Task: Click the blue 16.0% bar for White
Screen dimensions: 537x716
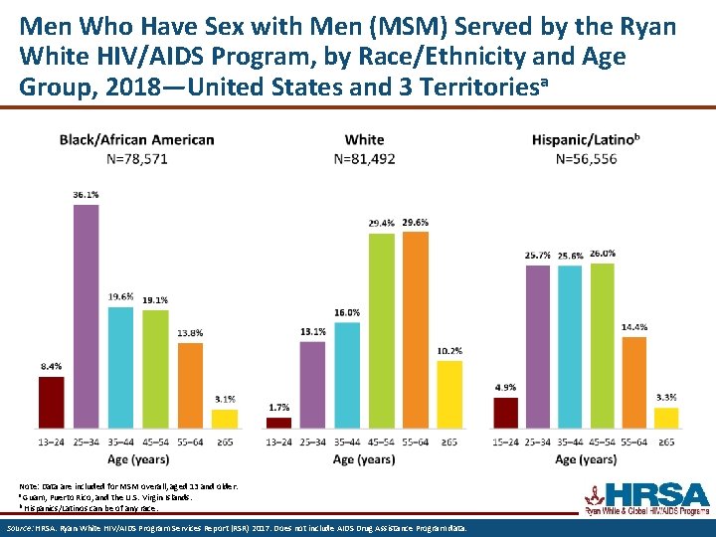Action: pos(347,375)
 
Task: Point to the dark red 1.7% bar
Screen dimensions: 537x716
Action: pos(279,423)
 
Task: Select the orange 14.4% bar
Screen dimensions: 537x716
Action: pos(634,383)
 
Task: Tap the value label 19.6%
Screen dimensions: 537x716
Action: pos(120,296)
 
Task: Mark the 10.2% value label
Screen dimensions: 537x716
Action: pos(448,350)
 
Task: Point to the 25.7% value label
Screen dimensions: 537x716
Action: pos(538,256)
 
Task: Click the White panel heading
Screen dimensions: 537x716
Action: pos(364,139)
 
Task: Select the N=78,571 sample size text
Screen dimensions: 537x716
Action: pos(136,158)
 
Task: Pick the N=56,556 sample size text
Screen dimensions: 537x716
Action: pos(586,158)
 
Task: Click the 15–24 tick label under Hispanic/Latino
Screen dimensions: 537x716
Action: pos(506,442)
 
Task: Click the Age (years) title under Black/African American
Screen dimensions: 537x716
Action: pos(136,458)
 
